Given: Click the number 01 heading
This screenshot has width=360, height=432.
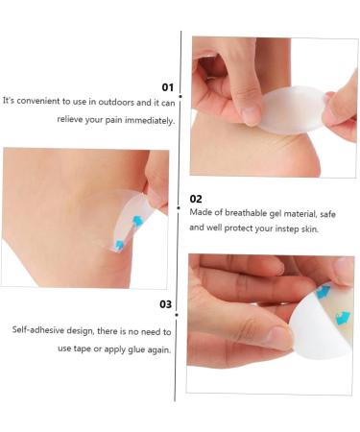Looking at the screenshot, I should (168, 85).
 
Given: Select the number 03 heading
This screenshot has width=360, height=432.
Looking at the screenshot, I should (165, 304).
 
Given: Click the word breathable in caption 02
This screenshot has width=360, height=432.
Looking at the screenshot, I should (238, 212).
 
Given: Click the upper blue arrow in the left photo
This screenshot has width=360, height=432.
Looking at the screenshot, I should (137, 221).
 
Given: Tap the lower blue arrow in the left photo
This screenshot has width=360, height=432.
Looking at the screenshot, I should (119, 246).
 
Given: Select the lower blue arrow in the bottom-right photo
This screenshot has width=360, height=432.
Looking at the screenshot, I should (343, 318).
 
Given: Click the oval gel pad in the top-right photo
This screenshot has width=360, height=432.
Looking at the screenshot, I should (294, 109).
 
